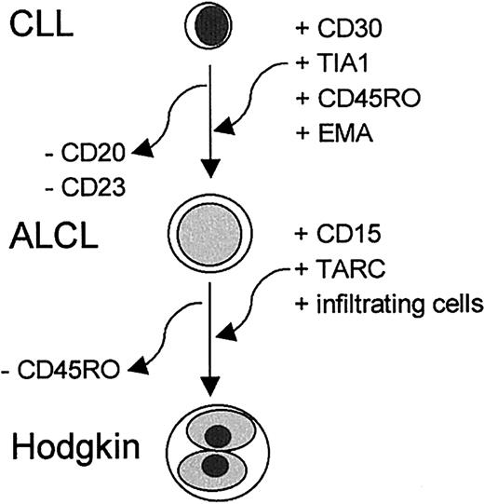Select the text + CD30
point(341,38)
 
